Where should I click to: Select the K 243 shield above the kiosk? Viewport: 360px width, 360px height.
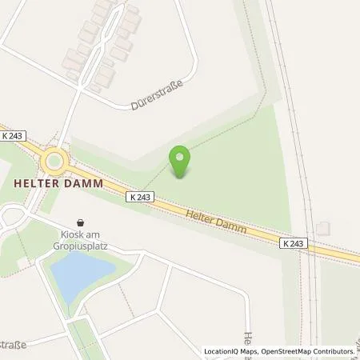(x=137, y=196)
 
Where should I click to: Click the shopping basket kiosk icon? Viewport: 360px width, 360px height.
(x=80, y=222)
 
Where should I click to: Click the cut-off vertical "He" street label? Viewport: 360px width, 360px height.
(x=249, y=340)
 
